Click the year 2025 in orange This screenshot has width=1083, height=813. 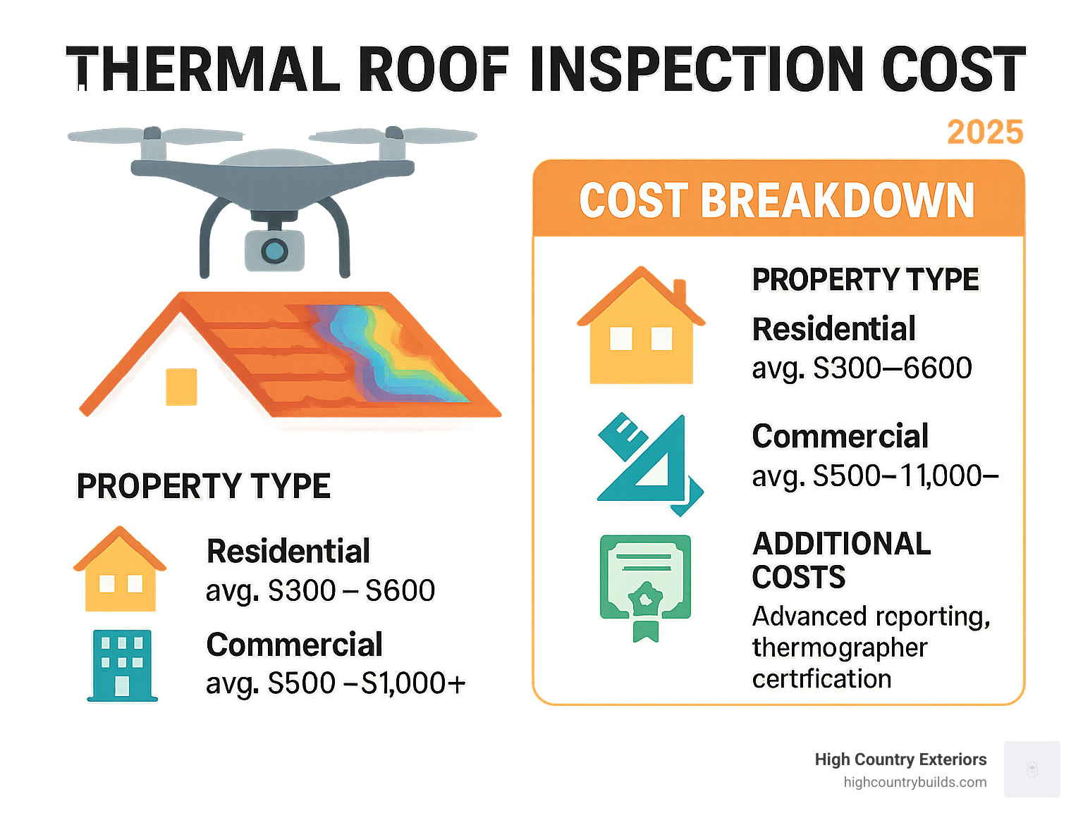coord(984,132)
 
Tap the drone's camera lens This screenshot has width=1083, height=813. coord(274,250)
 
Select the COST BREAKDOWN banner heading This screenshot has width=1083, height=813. coord(777,201)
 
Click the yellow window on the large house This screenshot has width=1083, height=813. coord(181,387)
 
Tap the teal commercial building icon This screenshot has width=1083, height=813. coord(122,664)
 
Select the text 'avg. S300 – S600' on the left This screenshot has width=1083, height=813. coord(320,590)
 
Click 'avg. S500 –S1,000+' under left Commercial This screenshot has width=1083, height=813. coord(336,683)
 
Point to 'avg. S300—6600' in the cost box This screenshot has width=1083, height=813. coord(862,368)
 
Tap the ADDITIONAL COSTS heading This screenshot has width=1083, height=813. coord(840,560)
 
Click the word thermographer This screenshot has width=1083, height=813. coord(839,647)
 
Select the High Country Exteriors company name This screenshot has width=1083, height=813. coord(900,759)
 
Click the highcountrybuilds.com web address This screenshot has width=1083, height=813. coord(914,782)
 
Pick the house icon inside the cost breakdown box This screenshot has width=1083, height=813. coord(641,327)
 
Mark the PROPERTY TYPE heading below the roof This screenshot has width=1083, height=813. coord(203,486)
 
